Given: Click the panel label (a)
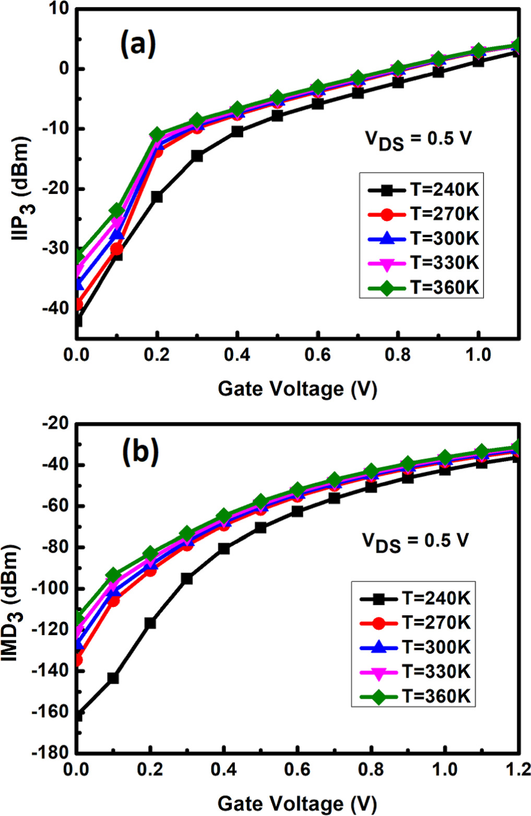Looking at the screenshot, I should tap(138, 44).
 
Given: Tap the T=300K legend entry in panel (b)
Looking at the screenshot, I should tap(415, 647).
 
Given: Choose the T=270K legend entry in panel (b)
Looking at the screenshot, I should tap(415, 623).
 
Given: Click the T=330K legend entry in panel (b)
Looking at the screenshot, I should tap(415, 672).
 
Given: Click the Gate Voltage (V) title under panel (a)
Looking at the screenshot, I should tap(297, 389).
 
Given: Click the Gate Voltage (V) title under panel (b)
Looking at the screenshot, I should tap(297, 803).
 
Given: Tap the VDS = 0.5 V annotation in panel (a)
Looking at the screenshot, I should tap(418, 140).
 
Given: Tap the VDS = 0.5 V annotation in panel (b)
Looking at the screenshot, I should tap(416, 542).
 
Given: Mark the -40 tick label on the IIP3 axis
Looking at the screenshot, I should tap(55, 308).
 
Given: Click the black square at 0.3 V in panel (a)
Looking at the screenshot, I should tap(197, 156).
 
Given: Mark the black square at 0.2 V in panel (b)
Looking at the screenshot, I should tap(150, 623).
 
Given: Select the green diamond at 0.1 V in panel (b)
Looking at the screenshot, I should tap(113, 575).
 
